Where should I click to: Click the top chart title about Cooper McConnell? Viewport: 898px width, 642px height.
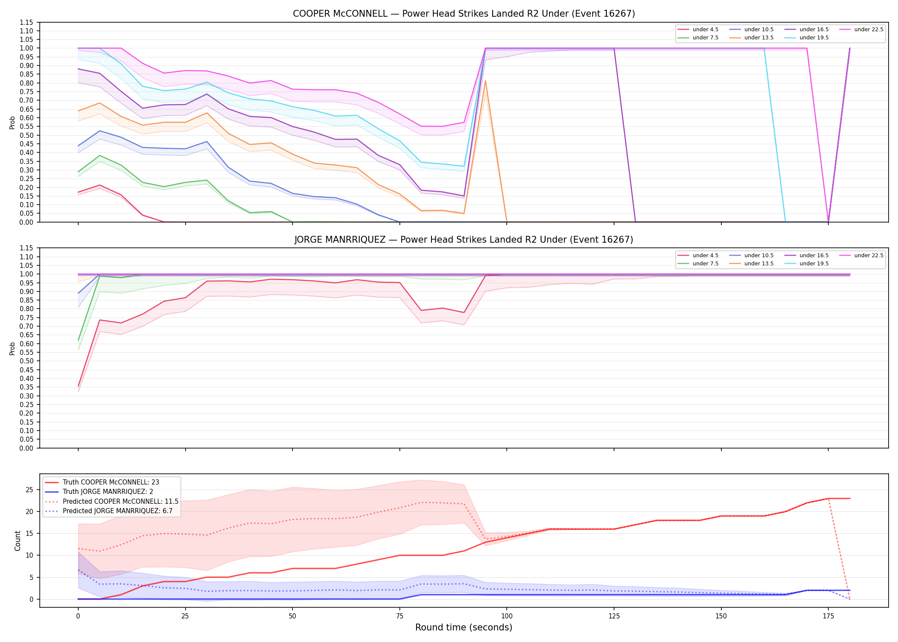click(464, 14)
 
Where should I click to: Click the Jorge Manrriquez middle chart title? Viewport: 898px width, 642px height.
click(464, 240)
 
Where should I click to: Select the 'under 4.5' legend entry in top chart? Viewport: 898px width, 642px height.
click(698, 30)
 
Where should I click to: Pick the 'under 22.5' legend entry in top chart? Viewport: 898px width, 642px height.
click(861, 30)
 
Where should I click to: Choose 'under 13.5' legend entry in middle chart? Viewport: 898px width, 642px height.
click(751, 264)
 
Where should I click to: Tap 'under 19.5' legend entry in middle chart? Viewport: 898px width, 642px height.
click(806, 264)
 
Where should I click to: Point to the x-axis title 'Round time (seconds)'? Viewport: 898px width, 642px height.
click(464, 627)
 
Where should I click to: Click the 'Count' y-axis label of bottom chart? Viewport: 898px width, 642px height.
click(18, 541)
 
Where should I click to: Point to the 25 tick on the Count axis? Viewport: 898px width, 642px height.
click(29, 490)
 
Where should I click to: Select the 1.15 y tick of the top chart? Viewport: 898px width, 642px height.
click(27, 22)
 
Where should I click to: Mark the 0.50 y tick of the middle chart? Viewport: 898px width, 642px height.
click(27, 361)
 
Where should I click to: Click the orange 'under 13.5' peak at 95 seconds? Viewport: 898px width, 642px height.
click(485, 80)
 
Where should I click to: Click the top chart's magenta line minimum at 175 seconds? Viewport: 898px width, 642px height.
click(828, 222)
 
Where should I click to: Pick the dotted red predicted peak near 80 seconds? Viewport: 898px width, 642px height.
click(422, 502)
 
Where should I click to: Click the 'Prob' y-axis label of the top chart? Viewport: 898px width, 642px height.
click(12, 123)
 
